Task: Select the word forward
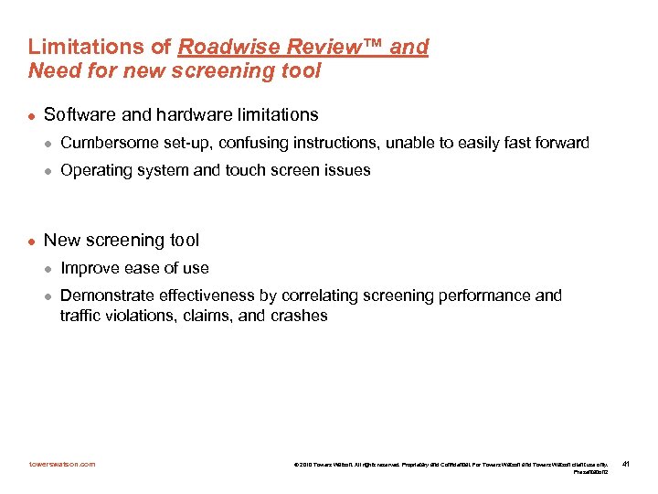coord(558,143)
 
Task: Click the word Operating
coord(95,170)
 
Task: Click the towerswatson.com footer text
coord(61,465)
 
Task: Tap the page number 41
coord(625,465)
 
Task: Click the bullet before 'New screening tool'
coord(32,242)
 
